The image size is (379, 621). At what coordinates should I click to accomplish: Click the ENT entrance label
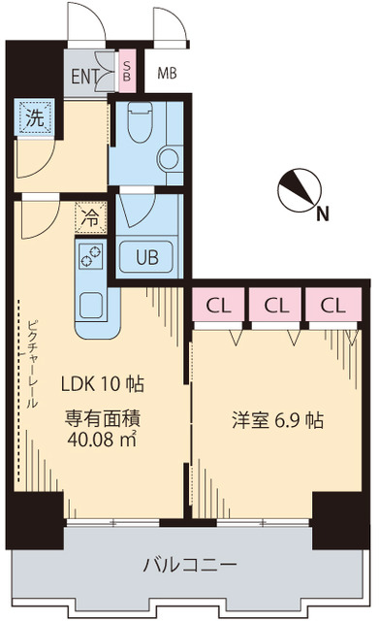(x=85, y=77)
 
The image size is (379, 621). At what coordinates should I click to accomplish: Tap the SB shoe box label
(x=128, y=71)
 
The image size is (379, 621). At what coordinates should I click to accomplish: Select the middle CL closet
(x=276, y=305)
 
